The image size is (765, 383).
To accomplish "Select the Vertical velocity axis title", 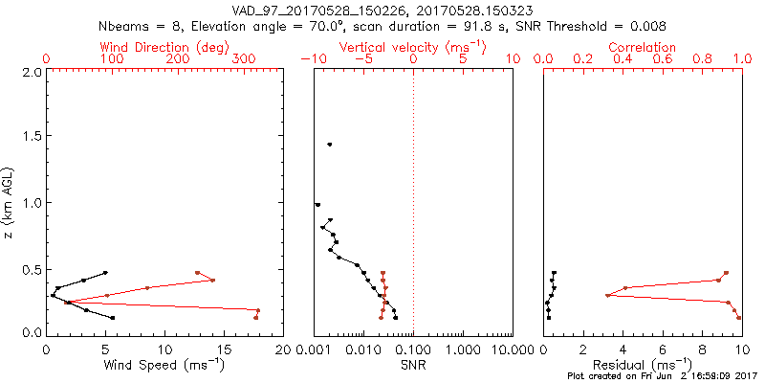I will coord(412,47).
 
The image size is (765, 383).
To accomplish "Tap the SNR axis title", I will coord(412,365).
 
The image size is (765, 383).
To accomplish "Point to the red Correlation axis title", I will coord(643,47).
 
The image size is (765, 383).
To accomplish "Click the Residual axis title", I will coord(643,365).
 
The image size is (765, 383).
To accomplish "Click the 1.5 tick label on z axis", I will coord(33,137).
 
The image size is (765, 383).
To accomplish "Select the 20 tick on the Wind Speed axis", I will coord(282,349).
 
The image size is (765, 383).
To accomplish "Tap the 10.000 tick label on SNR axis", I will coord(511,349).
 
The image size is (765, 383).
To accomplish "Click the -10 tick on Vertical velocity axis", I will coord(314,59).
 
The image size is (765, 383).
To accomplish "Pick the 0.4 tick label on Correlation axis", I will coord(623,59).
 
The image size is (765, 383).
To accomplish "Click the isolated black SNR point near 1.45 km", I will coord(330,145).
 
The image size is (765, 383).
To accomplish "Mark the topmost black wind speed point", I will coord(105,273).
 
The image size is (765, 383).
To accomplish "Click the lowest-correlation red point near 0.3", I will coord(608,295).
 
